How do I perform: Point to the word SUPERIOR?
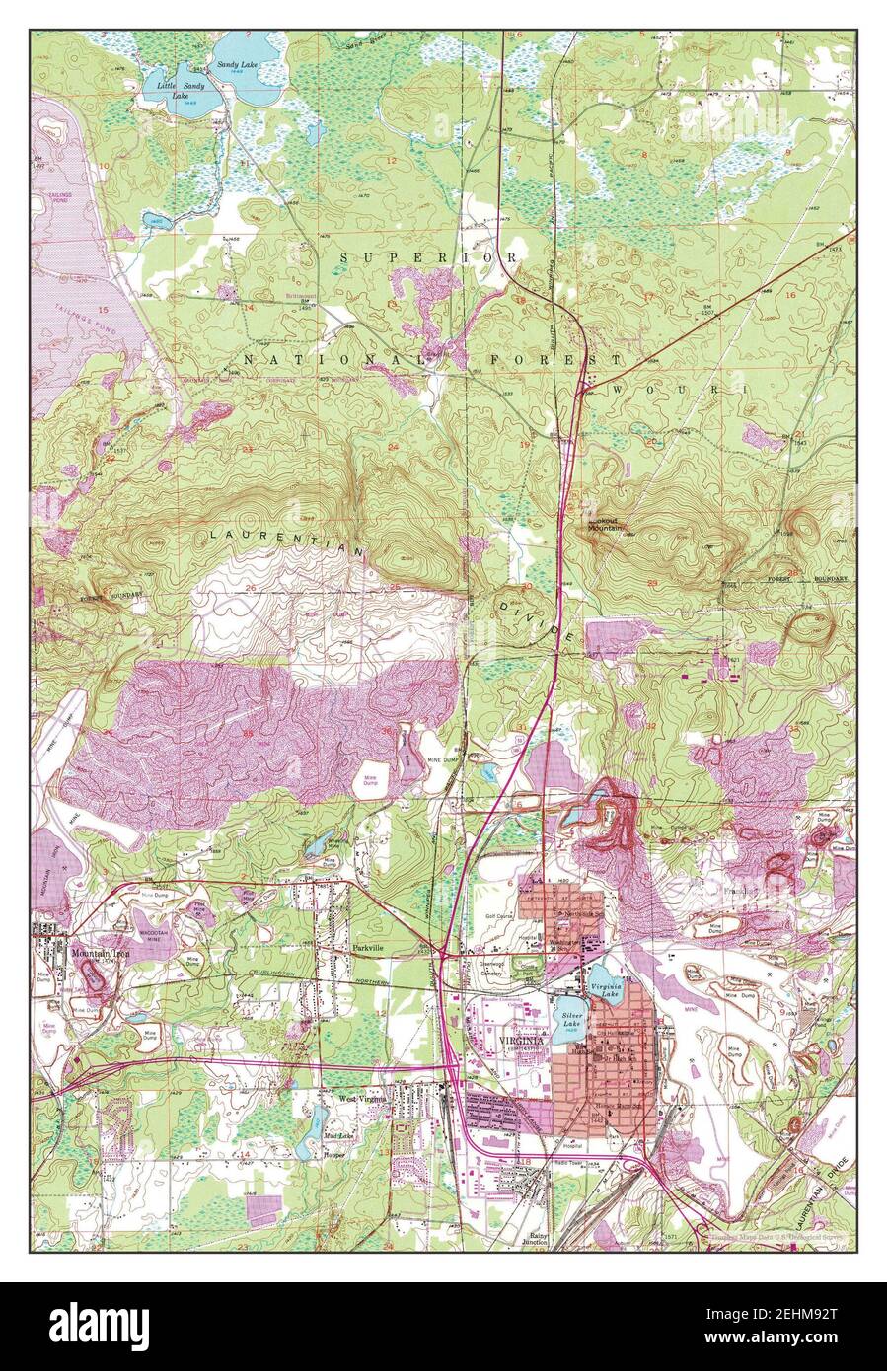point(428,257)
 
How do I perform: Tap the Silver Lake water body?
point(571,1020)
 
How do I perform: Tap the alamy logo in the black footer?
point(98,1321)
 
